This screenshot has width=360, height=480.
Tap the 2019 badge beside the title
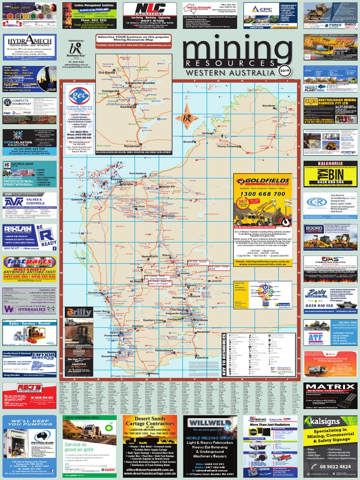click(284, 72)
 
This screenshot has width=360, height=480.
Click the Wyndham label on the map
click(269, 106)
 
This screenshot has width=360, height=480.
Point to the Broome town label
click(189, 142)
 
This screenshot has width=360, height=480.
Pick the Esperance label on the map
click(201, 358)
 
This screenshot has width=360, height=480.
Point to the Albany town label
click(153, 374)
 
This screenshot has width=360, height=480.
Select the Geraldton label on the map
click(95, 292)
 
